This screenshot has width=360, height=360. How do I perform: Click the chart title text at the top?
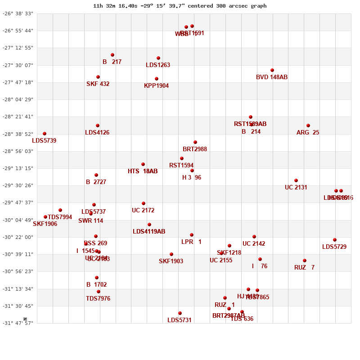[180, 6]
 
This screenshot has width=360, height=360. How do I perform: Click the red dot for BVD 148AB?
[272, 70]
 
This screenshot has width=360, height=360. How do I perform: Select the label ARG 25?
[308, 133]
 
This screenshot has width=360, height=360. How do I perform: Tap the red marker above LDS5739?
[45, 134]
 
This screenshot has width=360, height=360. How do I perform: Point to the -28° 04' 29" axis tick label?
[18, 99]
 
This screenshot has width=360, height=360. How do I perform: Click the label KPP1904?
[156, 86]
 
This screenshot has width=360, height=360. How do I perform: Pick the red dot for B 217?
[112, 55]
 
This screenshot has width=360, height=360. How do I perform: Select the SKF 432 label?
[98, 84]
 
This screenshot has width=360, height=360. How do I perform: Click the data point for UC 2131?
[296, 180]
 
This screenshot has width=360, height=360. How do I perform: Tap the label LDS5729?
[334, 247]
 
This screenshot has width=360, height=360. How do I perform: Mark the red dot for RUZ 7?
[305, 261]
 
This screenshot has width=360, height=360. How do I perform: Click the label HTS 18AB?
[143, 171]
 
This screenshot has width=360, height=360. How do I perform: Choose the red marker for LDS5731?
[180, 313]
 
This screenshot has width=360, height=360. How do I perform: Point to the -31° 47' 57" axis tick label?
[18, 323]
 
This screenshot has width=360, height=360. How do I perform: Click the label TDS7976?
[98, 299]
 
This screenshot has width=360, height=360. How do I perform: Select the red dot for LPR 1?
[192, 235]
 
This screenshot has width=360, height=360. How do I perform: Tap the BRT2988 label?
[195, 149]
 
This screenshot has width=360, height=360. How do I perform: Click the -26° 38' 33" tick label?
[18, 13]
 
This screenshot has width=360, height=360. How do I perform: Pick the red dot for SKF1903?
[171, 254]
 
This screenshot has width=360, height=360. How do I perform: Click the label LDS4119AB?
[149, 232]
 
